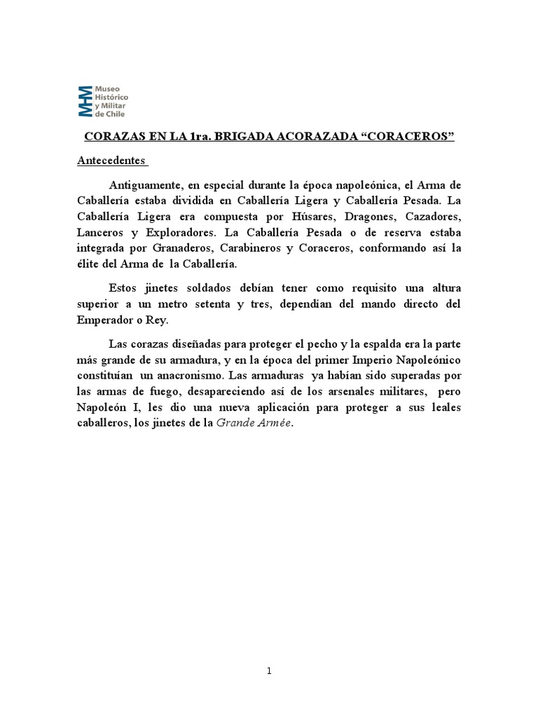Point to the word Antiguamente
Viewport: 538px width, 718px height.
[143, 185]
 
